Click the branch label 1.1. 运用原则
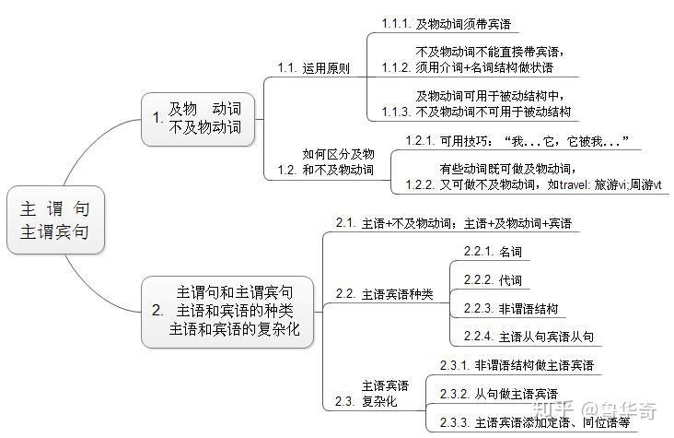[313, 68]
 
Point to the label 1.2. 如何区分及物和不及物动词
[326, 162]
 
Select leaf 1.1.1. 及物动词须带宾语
[447, 24]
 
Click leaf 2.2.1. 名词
[493, 251]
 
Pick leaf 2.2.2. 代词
[493, 279]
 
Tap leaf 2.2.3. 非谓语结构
[511, 308]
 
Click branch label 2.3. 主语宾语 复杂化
[372, 394]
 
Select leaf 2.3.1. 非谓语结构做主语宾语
[517, 366]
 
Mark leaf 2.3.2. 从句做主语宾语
[498, 395]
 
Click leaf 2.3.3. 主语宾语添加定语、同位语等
[534, 423]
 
